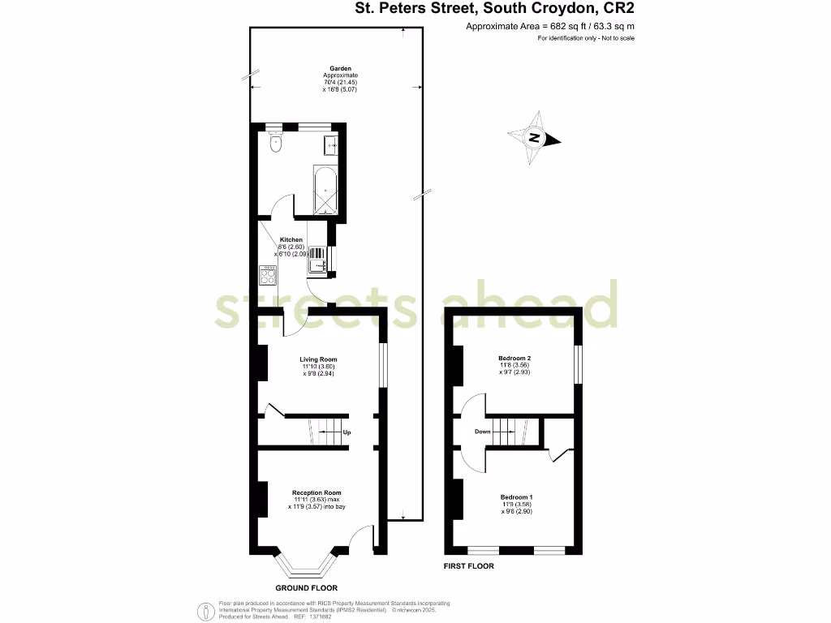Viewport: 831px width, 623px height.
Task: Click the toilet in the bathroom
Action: coord(277,144)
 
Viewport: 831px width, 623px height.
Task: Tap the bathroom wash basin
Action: coord(332,146)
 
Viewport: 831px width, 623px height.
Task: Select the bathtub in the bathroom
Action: coord(325,189)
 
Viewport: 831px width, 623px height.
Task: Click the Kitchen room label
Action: coord(291,240)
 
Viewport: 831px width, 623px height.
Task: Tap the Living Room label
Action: coord(318,359)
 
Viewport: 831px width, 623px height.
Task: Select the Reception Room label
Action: coord(316,492)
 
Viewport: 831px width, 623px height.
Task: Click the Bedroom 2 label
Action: coord(515,358)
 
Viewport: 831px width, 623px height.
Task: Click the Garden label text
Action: coord(339,69)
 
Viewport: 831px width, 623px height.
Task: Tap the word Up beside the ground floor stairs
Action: coord(347,432)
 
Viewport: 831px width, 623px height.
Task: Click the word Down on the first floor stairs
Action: coord(483,432)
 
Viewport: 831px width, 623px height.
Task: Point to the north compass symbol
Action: coord(534,138)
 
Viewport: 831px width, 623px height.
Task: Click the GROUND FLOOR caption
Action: coord(306,588)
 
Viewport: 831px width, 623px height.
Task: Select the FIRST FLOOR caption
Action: coord(469,566)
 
